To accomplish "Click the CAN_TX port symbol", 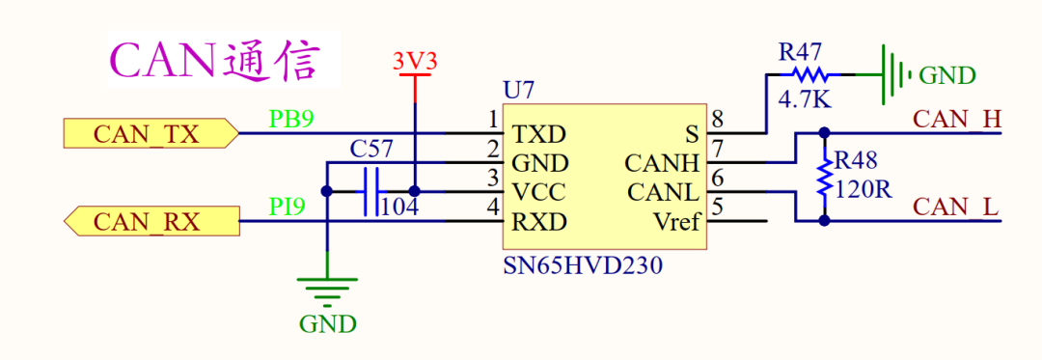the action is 151,133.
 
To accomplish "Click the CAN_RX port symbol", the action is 151,220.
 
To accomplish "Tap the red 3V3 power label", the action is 415,62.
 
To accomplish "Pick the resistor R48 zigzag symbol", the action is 825,178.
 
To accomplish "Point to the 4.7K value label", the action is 804,99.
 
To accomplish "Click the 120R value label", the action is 863,189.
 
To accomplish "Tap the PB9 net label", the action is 291,119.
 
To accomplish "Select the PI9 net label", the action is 288,207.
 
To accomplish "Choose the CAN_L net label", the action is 956,207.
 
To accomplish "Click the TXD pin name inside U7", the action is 539,135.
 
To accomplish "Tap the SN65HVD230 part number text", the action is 583,266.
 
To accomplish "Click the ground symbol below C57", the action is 327,291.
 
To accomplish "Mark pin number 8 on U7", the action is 717,120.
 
